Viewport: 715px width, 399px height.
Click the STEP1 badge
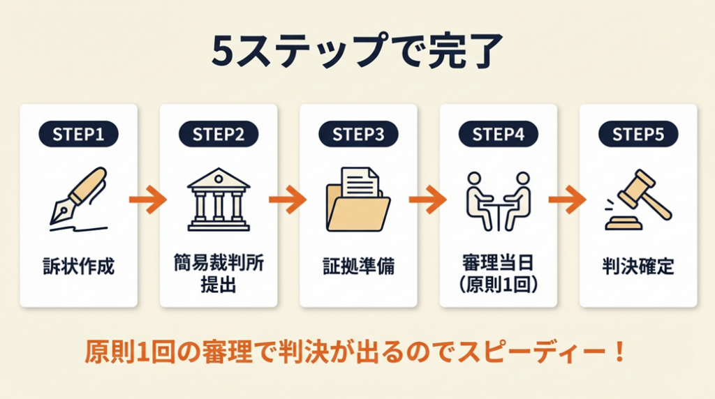pyautogui.click(x=79, y=135)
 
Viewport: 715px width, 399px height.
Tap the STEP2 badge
pyautogui.click(x=219, y=135)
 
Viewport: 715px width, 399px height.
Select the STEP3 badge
pyautogui.click(x=358, y=135)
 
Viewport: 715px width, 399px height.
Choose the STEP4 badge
pyautogui.click(x=498, y=135)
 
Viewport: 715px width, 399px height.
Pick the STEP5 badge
pyautogui.click(x=637, y=135)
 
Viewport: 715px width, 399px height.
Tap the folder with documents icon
pyautogui.click(x=357, y=200)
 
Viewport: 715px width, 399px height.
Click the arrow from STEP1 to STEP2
pyautogui.click(x=148, y=200)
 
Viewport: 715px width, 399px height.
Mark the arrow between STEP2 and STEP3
pyautogui.click(x=288, y=200)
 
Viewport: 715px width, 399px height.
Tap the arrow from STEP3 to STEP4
pyautogui.click(x=427, y=200)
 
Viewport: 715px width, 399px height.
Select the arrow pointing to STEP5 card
pyautogui.click(x=567, y=200)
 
